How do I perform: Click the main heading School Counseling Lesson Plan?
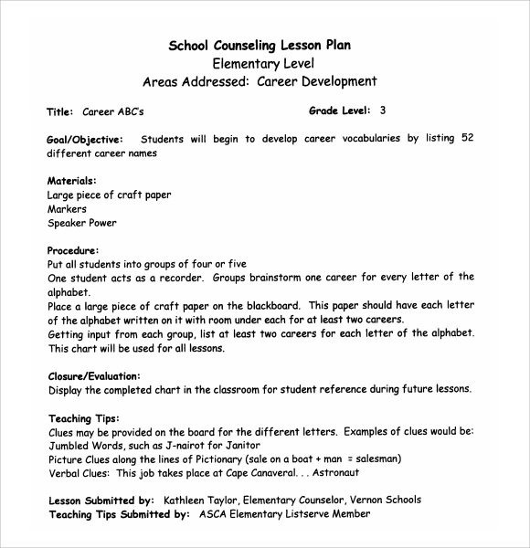coord(260,44)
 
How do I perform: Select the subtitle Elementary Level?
coord(262,63)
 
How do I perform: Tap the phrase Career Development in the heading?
coord(316,82)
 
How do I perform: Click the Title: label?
coord(59,112)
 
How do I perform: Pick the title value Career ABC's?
coord(112,112)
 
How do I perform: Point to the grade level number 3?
coord(383,111)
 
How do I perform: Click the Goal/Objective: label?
coord(84,139)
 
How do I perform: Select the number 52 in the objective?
coord(467,139)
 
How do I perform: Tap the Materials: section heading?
coord(71,181)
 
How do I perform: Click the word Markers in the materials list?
coord(67,209)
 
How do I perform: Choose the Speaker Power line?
coord(81,223)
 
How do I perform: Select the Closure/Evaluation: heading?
coord(93,375)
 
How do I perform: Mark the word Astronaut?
coord(335,473)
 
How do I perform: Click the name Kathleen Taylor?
coord(199,500)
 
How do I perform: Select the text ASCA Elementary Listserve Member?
coord(284,514)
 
